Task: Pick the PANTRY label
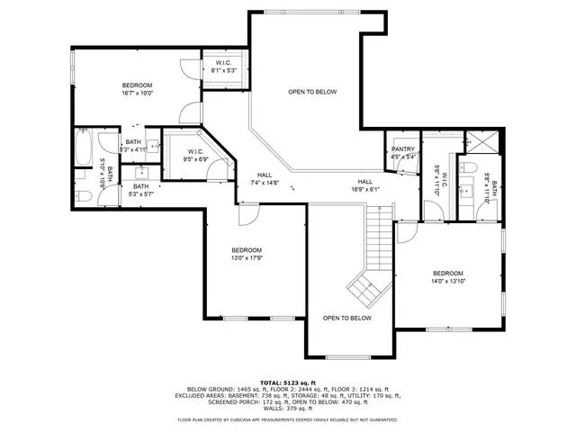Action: pos(403,149)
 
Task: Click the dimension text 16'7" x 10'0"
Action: pos(138,93)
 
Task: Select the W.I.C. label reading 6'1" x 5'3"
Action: pos(223,70)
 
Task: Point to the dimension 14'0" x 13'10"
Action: pos(447,281)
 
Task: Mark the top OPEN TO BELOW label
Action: pos(312,92)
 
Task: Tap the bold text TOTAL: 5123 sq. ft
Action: pos(287,382)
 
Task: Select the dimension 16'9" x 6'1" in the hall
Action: pos(364,189)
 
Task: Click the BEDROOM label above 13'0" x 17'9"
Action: pos(247,249)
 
